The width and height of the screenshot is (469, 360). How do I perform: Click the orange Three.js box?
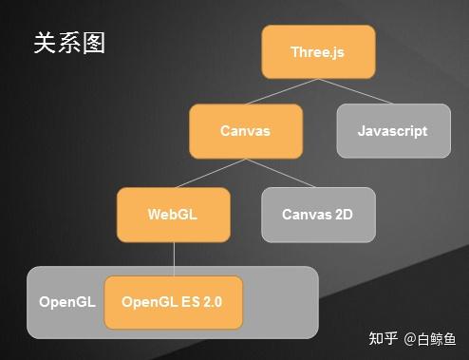click(318, 51)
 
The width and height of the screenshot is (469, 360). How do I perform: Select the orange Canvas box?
click(246, 131)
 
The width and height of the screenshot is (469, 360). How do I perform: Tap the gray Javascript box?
click(392, 130)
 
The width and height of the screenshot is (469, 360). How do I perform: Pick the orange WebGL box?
click(173, 214)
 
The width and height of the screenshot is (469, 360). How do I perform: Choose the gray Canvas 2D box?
click(318, 214)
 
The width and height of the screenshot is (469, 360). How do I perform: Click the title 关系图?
click(68, 43)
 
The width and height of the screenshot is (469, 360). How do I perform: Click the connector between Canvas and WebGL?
click(210, 173)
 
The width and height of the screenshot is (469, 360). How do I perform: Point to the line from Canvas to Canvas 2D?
click(282, 173)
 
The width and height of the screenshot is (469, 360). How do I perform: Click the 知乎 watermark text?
click(383, 338)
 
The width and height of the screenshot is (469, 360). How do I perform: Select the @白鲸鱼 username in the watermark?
click(430, 338)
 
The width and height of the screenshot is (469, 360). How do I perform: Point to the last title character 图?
click(93, 43)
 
